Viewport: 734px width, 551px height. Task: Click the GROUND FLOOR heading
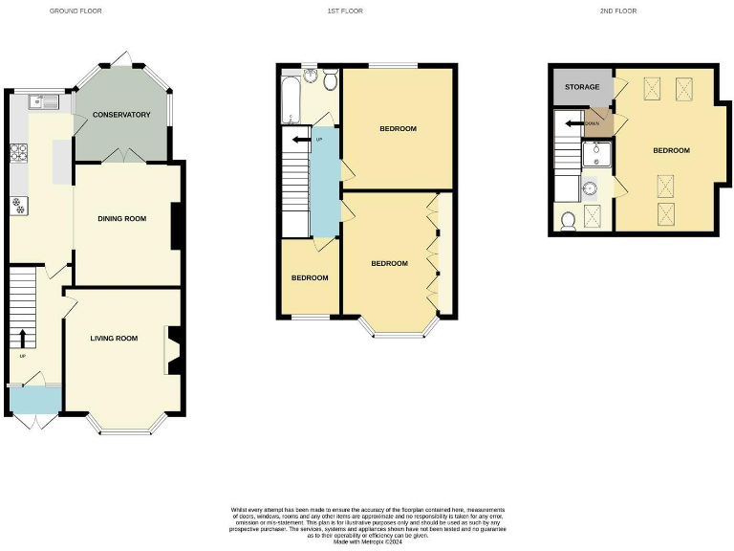[76, 11]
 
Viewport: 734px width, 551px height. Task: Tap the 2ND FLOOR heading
[619, 11]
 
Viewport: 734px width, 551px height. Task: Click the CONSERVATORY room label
[121, 115]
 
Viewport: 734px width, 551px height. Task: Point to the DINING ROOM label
[122, 219]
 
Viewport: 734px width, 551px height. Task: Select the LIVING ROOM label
[114, 338]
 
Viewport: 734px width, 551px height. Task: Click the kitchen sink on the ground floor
[42, 100]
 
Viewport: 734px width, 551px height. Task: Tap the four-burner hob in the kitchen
[18, 152]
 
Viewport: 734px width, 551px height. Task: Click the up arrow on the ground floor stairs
[22, 338]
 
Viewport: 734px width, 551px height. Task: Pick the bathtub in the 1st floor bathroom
[290, 101]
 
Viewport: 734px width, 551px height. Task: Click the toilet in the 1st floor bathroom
[330, 77]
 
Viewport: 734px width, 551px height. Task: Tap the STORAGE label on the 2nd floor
[582, 87]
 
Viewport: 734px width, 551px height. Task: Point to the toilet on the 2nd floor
[568, 221]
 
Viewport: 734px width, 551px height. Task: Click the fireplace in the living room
[173, 349]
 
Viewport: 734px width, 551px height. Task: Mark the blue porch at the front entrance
[34, 399]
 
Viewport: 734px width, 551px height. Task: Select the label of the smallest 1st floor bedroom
[310, 278]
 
